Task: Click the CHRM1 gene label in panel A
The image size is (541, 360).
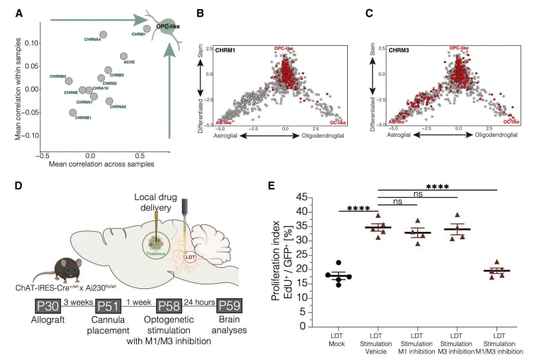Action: coord(138,34)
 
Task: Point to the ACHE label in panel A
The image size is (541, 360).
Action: coord(129,62)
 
